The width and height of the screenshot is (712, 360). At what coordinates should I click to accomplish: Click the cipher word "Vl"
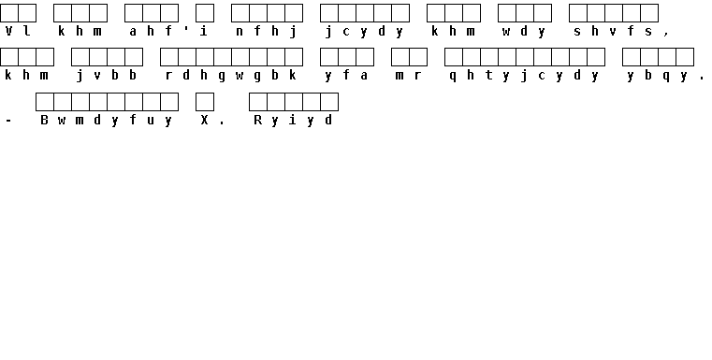tap(18, 31)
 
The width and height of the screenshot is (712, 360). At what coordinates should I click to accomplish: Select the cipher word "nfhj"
tap(267, 32)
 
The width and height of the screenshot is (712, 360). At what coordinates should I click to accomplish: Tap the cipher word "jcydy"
tap(365, 32)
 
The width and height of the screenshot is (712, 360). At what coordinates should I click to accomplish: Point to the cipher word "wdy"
tap(524, 32)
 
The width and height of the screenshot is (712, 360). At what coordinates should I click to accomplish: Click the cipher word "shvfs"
tap(613, 31)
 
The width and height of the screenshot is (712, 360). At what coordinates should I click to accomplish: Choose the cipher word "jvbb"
tap(107, 76)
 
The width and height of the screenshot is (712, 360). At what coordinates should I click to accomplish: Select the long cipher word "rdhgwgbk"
tap(231, 76)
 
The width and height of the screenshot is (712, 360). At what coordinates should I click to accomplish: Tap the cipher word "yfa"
tap(346, 76)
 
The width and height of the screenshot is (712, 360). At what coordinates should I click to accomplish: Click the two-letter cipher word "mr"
tap(409, 76)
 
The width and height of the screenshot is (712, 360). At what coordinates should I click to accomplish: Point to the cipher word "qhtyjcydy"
tap(524, 76)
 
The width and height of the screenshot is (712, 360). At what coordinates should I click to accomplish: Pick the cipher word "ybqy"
tap(658, 76)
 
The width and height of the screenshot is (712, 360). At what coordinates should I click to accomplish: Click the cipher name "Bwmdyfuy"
tap(107, 121)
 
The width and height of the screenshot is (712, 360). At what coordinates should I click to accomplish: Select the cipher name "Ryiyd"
tap(294, 121)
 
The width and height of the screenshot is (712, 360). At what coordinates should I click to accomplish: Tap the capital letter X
tap(204, 120)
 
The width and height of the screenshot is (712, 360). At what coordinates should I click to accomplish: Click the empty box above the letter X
tap(205, 102)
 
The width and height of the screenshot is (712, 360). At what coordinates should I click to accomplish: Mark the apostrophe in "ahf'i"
tap(186, 28)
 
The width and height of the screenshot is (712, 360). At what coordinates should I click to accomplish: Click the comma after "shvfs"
tap(666, 34)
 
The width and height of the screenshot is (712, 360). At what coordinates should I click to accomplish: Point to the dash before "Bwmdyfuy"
tap(8, 121)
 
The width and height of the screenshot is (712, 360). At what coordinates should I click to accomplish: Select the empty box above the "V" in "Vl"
tap(9, 13)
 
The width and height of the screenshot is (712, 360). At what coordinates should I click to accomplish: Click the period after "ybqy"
tap(702, 79)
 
